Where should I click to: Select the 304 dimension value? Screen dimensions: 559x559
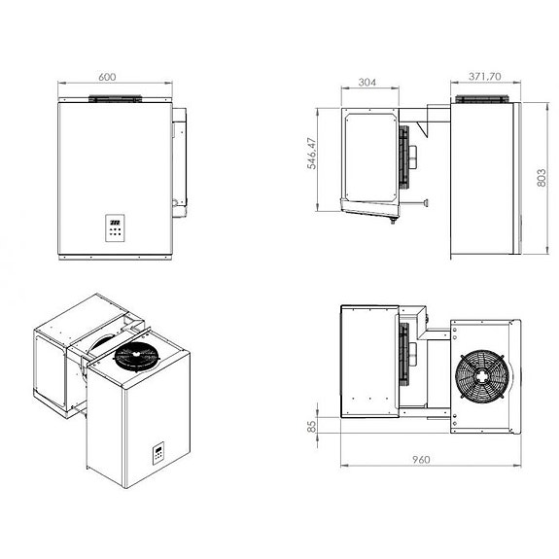coord(367,83)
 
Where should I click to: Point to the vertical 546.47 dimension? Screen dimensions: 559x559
coord(312,154)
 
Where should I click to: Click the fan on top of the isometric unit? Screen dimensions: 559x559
coord(137,359)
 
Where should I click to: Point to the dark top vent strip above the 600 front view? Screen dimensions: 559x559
coord(117,99)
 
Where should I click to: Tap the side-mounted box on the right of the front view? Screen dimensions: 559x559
coord(180,161)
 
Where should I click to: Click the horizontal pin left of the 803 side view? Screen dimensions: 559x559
coord(419,202)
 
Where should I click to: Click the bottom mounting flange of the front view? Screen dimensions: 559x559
coord(117,258)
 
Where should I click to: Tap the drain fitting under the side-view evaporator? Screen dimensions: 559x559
coord(392,221)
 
